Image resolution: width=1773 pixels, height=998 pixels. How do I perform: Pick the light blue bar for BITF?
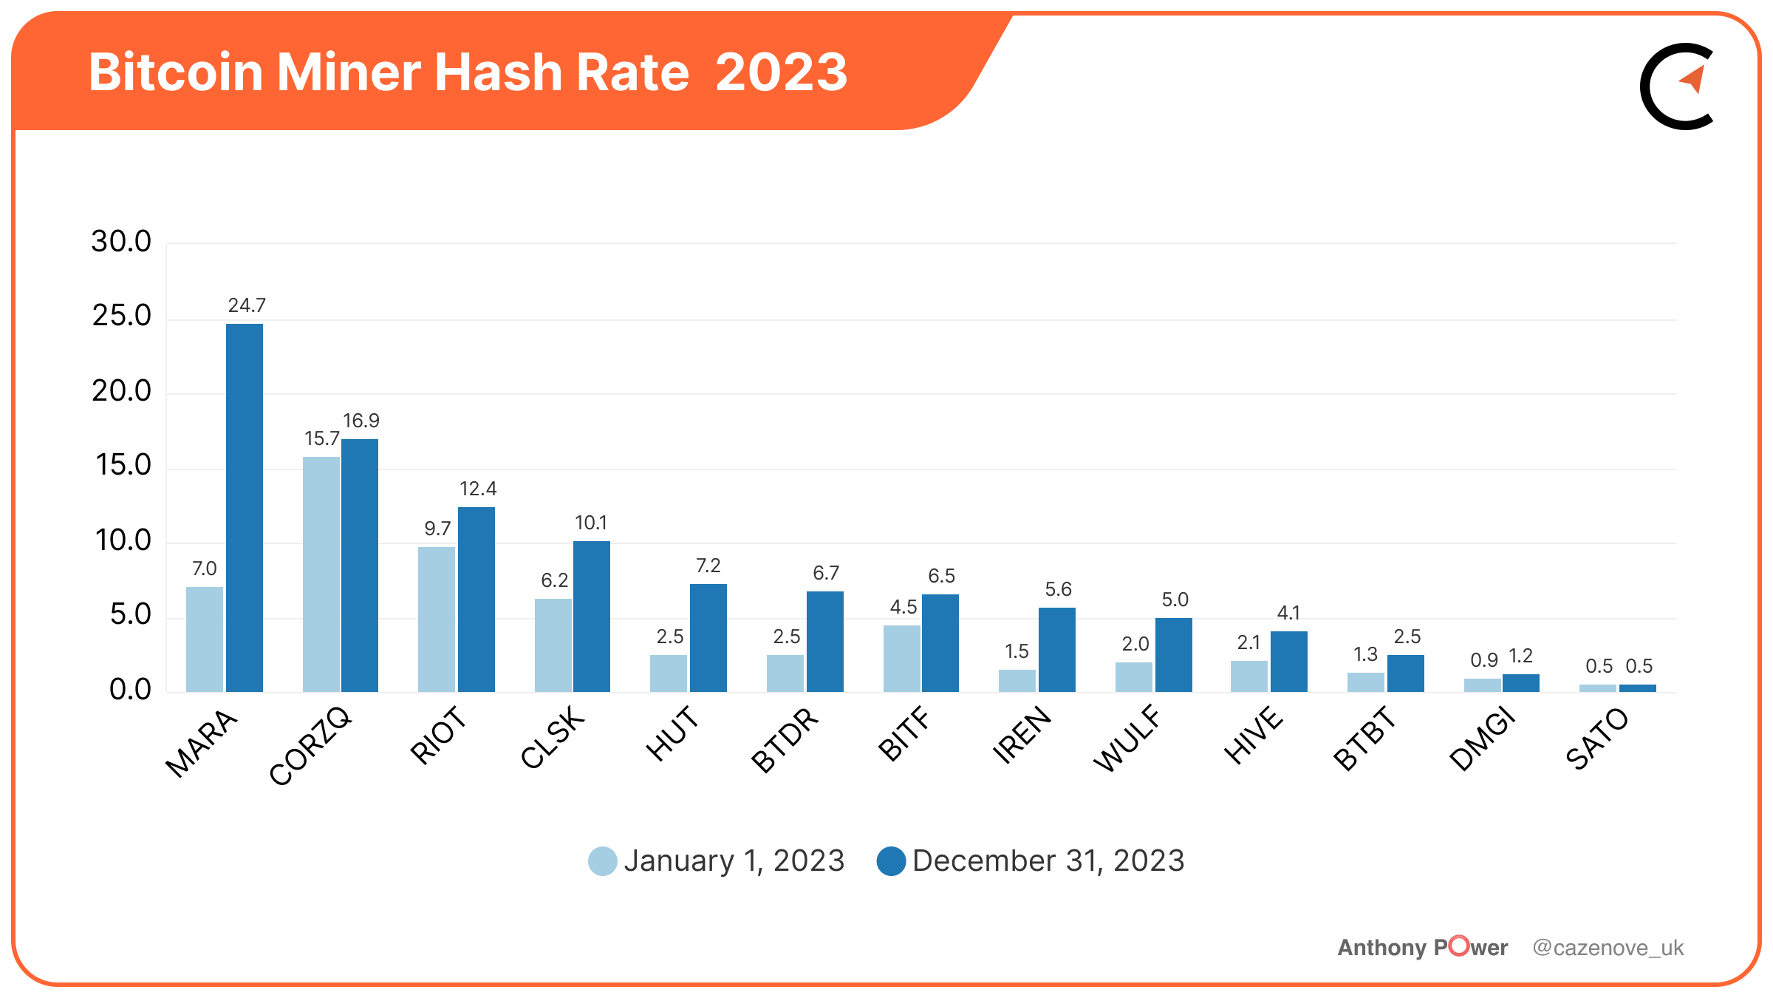(x=902, y=659)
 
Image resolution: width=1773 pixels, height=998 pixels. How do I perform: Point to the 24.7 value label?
(x=247, y=305)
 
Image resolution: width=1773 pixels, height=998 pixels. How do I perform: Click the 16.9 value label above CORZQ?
(x=361, y=421)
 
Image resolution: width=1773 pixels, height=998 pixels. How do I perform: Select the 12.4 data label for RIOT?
(x=478, y=489)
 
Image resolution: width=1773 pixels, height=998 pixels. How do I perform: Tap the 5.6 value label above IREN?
(x=1058, y=589)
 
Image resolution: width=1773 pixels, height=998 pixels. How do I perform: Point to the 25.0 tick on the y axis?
(x=122, y=316)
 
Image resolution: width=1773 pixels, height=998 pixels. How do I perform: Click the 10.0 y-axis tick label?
(x=123, y=540)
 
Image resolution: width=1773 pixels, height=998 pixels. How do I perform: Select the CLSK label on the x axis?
(x=553, y=737)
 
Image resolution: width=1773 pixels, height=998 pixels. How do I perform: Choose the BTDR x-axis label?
(x=785, y=740)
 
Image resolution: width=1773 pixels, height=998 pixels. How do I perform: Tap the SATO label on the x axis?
(x=1597, y=739)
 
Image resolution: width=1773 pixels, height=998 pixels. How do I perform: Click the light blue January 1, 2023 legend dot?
(x=603, y=861)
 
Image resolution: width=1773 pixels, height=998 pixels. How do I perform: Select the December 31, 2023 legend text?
(x=1048, y=861)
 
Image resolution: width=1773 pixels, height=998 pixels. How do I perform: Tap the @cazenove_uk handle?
(x=1608, y=948)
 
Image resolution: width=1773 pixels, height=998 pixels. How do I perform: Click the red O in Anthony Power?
(x=1459, y=946)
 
